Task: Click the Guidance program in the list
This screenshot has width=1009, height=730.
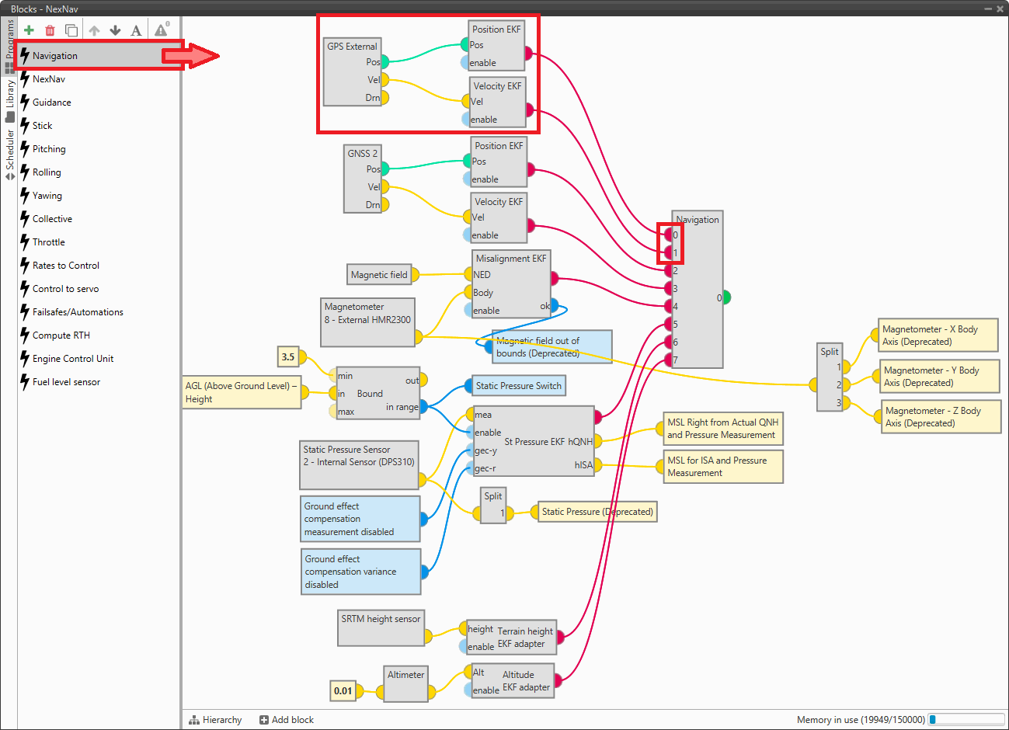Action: (x=52, y=103)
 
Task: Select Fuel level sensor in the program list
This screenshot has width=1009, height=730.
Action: (x=66, y=382)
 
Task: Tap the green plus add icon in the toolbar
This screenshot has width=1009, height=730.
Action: (x=29, y=30)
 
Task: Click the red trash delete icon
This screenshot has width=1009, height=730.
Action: (x=50, y=30)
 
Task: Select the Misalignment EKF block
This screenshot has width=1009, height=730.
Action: (x=510, y=283)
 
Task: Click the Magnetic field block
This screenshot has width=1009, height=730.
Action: (x=379, y=274)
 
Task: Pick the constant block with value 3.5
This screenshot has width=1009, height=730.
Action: (x=287, y=357)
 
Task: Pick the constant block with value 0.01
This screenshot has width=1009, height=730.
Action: (x=343, y=690)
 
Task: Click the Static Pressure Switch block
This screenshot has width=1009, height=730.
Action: (x=518, y=386)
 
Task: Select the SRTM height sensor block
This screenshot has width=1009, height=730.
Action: (x=381, y=627)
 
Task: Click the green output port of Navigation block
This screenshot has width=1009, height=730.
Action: (x=726, y=297)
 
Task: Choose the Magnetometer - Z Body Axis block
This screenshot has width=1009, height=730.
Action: (x=938, y=417)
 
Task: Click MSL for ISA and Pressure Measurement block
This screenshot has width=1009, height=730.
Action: (x=722, y=467)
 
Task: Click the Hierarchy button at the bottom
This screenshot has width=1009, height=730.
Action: (x=215, y=720)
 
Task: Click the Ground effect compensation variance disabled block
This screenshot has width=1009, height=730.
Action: (x=361, y=572)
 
